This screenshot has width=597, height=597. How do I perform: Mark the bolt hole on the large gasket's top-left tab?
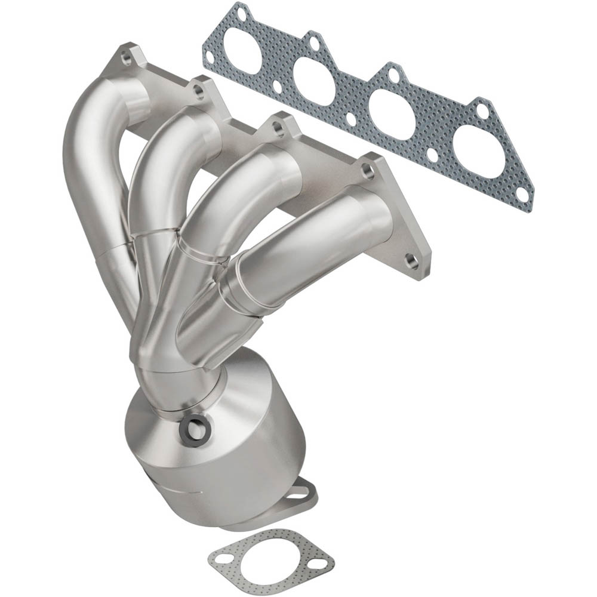click(241, 12)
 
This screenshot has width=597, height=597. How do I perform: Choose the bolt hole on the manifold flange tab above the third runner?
click(279, 127)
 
